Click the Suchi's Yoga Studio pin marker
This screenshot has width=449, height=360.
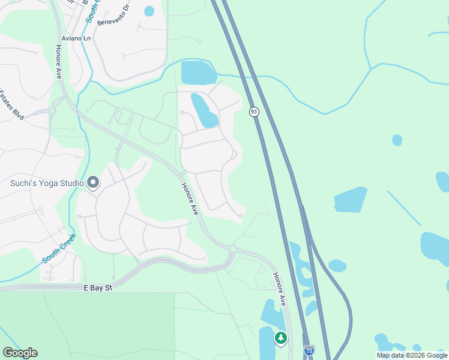point(93,182)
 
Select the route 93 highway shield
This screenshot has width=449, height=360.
point(254,112)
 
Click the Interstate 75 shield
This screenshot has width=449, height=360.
point(309,349)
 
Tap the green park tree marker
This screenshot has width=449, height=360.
point(280,338)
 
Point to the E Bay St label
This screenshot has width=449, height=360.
point(98,289)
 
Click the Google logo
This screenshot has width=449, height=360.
point(20,352)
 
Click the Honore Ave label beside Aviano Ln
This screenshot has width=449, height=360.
point(59,62)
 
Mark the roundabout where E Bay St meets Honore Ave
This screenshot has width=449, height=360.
point(232,248)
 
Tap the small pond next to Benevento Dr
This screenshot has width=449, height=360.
point(149,11)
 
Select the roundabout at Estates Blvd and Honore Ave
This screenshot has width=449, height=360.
point(52,110)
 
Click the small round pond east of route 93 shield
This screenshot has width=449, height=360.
point(397,140)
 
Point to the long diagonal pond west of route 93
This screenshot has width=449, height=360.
point(204,111)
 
